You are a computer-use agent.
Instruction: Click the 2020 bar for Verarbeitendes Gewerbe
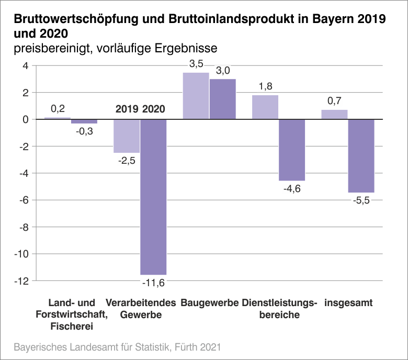[x=153, y=197]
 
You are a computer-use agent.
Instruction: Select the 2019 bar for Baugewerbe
[x=196, y=96]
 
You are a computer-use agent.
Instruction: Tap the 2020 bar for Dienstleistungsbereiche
[x=291, y=150]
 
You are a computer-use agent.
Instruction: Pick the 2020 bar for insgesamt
[x=361, y=156]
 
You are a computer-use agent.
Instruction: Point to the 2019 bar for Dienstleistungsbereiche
[x=265, y=107]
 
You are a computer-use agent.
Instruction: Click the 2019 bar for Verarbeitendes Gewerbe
[x=127, y=136]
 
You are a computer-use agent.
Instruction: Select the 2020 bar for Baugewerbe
[x=223, y=99]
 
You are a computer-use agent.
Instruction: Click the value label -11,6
[x=153, y=283]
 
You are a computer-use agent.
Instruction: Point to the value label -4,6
[x=292, y=189]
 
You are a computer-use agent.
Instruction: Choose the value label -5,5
[x=361, y=201]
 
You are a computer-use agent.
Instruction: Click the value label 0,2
[x=58, y=109]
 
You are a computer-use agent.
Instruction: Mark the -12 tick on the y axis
[x=22, y=281]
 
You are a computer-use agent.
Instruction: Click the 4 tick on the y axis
[x=25, y=66]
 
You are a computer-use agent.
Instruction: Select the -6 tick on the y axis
[x=24, y=200]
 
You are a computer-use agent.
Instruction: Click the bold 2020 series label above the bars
[x=153, y=109]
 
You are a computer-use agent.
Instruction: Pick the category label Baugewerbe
[x=209, y=303]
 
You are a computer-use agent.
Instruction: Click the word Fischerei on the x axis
[x=72, y=327]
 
